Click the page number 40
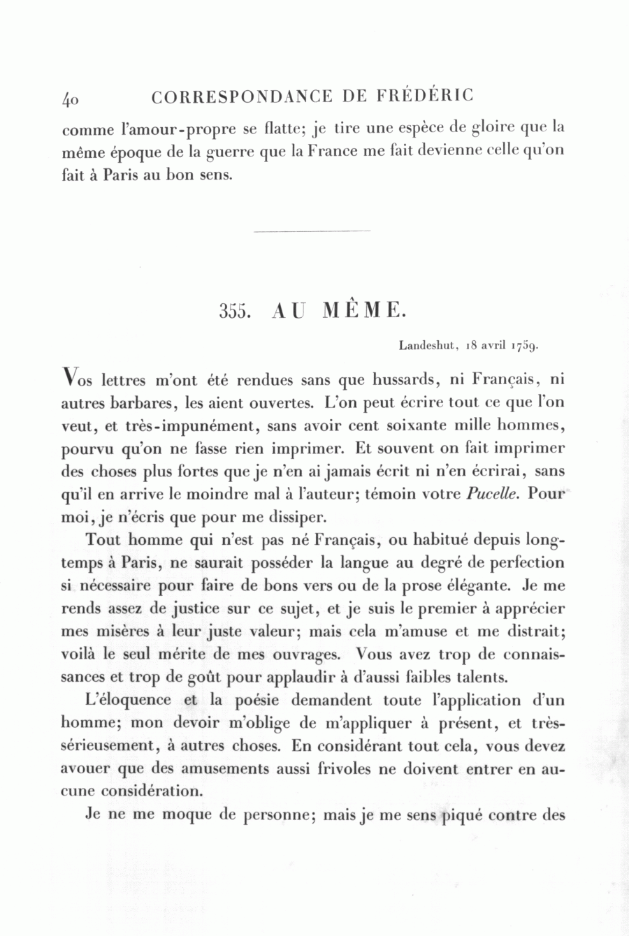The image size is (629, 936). pyautogui.click(x=70, y=98)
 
